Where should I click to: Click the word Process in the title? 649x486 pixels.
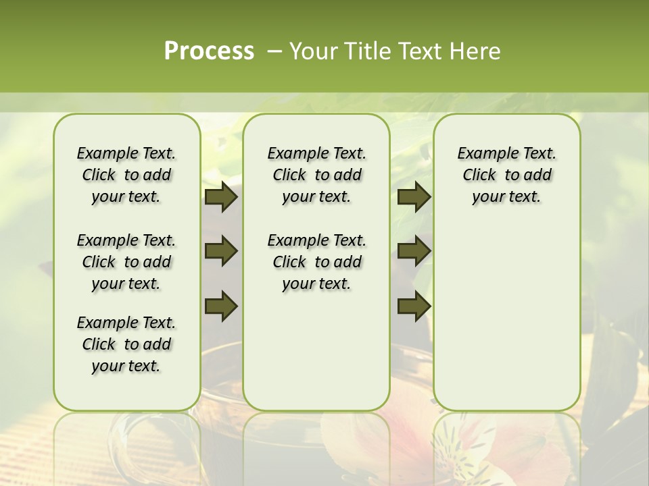click(x=209, y=51)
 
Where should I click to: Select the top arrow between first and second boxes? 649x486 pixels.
click(x=221, y=196)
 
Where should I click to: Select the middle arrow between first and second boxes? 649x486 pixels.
click(x=221, y=251)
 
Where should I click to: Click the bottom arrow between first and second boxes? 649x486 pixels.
click(x=221, y=306)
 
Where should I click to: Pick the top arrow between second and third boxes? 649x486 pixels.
click(x=414, y=196)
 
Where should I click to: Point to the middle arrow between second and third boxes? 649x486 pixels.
click(x=414, y=251)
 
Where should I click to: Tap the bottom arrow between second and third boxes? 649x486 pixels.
click(x=414, y=306)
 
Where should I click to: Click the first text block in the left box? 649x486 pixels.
click(x=126, y=175)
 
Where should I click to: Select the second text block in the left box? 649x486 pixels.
click(x=126, y=262)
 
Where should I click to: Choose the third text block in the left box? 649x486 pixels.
click(x=126, y=344)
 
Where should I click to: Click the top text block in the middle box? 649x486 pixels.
click(x=316, y=175)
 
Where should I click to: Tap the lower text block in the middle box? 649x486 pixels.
click(x=316, y=262)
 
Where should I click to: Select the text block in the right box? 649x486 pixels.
click(x=506, y=175)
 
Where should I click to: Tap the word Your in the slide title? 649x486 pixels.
click(x=312, y=51)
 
